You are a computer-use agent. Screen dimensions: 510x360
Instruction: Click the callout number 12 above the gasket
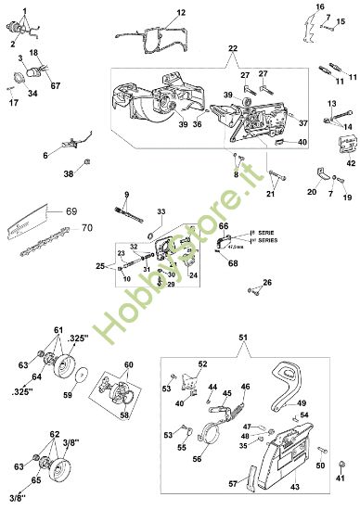pos(181,13)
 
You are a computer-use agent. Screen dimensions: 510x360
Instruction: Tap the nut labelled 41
pos(340,481)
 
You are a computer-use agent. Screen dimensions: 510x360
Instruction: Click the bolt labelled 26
pos(251,290)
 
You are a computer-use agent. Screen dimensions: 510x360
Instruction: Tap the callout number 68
pos(233,263)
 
